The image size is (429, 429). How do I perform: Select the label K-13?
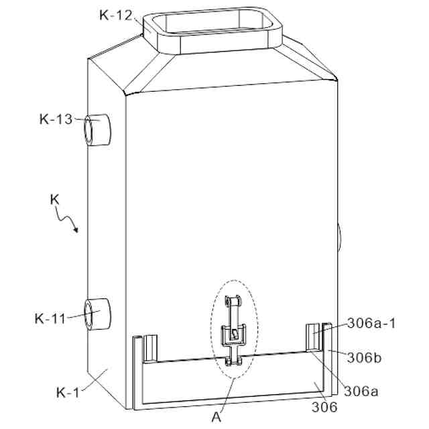coord(56,120)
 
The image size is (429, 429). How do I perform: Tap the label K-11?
coord(51,318)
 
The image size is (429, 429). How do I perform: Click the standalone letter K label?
coord(56,199)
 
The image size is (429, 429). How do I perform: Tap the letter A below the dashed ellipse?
coord(216,416)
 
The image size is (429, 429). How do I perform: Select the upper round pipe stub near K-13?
coord(98,129)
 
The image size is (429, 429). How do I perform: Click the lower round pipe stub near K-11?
coord(98,314)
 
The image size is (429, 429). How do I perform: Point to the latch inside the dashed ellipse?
coord(233,332)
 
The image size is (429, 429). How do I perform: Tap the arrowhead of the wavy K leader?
coord(77,231)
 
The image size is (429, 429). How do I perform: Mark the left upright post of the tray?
coord(137,372)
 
